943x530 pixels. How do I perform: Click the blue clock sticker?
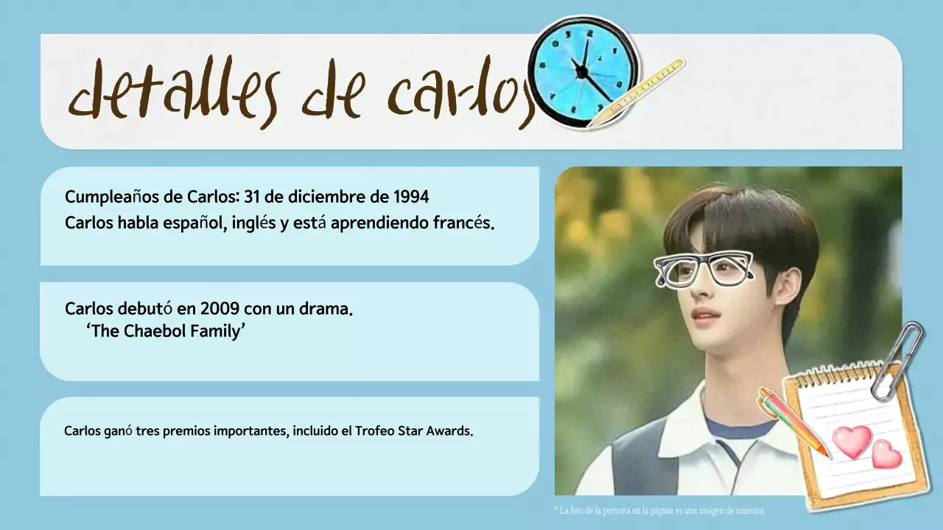(x=583, y=71)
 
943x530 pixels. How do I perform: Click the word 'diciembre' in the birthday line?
(x=323, y=197)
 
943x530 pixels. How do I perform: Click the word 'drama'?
(x=325, y=308)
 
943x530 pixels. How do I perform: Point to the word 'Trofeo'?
(x=377, y=431)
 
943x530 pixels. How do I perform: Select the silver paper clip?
(x=897, y=361)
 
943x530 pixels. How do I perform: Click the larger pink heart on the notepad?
(x=852, y=441)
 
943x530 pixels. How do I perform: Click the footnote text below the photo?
(x=659, y=510)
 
